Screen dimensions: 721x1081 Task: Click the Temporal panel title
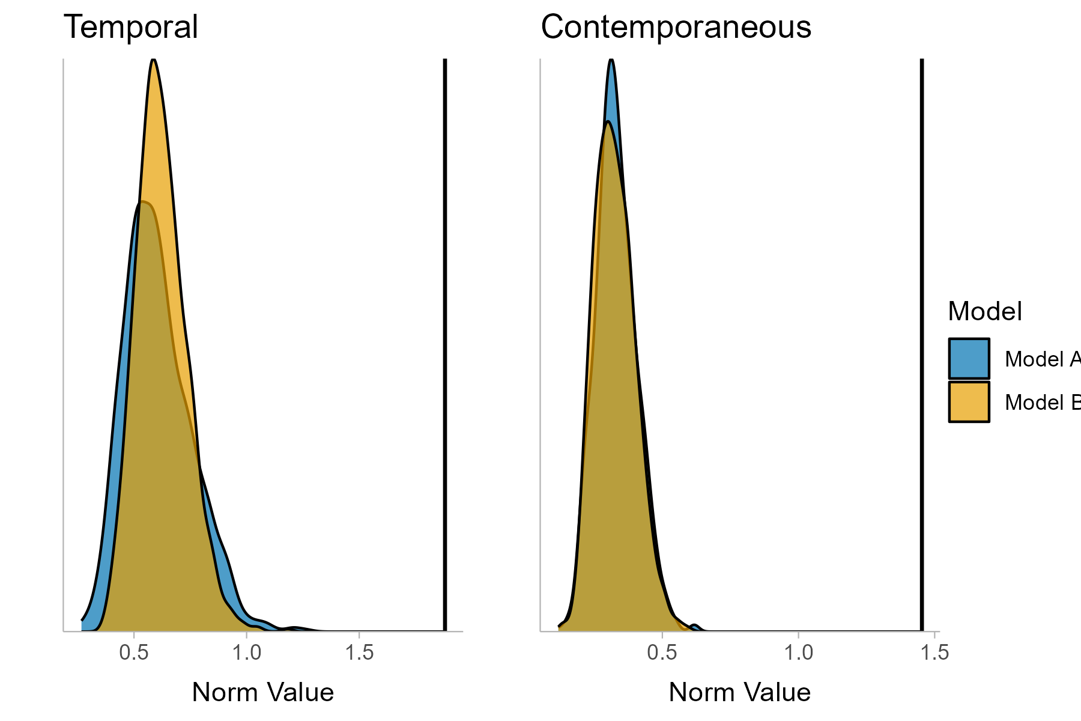(130, 28)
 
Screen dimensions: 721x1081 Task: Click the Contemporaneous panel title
(676, 28)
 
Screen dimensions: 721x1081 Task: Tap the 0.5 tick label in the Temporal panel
(133, 653)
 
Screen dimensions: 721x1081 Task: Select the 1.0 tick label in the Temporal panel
(246, 653)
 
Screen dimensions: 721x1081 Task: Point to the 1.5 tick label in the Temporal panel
(359, 653)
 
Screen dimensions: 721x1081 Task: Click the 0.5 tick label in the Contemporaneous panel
(662, 653)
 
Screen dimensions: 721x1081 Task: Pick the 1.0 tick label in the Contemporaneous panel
(799, 653)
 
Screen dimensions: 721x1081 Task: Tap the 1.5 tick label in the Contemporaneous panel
(934, 653)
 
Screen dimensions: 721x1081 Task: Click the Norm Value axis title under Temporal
(262, 692)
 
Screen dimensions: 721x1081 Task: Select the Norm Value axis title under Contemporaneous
(739, 692)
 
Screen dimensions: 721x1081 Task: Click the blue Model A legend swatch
(969, 359)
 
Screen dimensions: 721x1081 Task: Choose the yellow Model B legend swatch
(969, 402)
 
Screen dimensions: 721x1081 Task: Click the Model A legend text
(1042, 359)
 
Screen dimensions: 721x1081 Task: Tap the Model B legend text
(1042, 403)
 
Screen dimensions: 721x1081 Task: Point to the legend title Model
(984, 312)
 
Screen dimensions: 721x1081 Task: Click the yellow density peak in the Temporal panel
(154, 66)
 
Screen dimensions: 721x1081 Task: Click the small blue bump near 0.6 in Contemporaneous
(695, 627)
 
